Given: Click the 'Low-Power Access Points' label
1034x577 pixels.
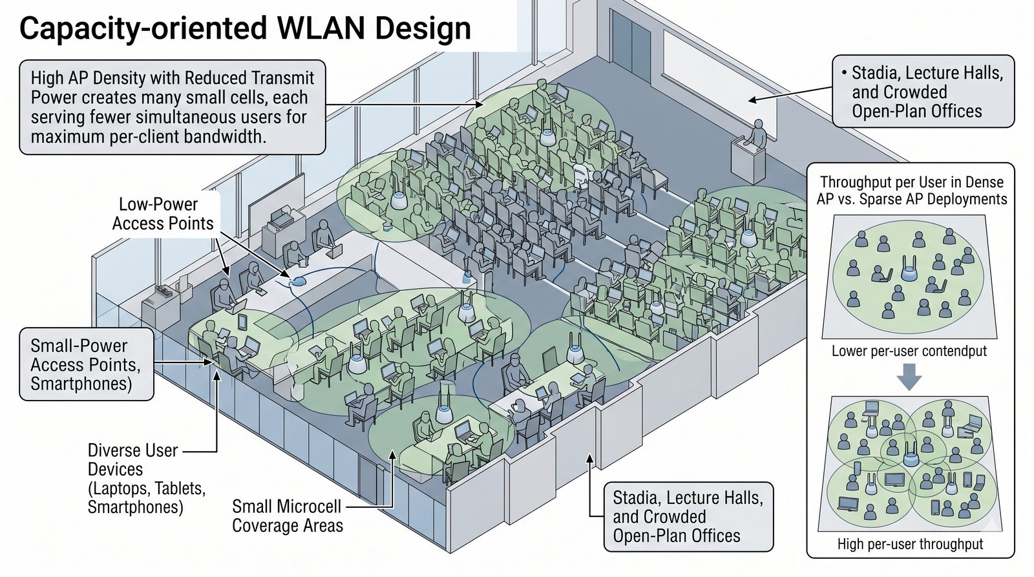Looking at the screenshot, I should click(x=162, y=214).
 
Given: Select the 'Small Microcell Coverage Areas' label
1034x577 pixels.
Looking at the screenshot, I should click(x=287, y=516).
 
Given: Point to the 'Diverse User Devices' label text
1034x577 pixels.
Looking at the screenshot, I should click(x=132, y=450).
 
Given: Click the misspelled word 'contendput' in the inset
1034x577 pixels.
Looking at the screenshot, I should click(x=953, y=351).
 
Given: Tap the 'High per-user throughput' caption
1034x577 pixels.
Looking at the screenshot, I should click(x=910, y=544).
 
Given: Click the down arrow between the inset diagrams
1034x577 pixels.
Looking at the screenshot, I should click(x=909, y=377).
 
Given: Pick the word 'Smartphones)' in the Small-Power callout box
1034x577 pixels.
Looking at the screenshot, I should click(x=80, y=384).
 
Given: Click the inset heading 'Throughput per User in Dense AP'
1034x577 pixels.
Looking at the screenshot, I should click(x=911, y=183).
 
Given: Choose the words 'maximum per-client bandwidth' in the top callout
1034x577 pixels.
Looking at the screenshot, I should click(x=148, y=136).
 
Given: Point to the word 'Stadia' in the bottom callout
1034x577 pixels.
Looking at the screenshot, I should click(x=637, y=498).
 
